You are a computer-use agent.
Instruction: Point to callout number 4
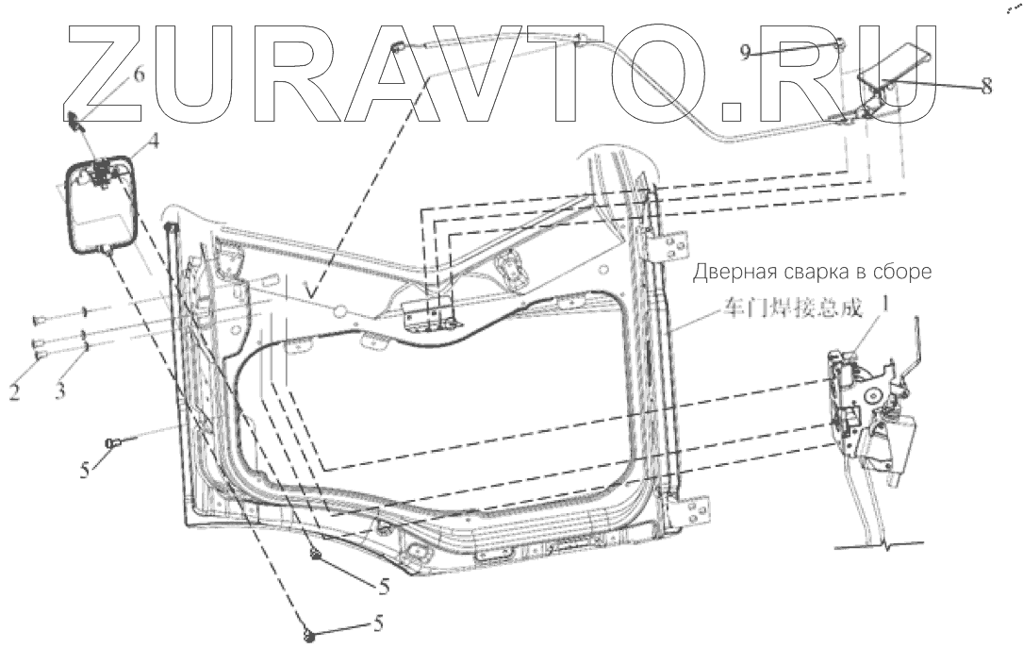tap(151, 146)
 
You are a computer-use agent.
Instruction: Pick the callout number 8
tap(986, 86)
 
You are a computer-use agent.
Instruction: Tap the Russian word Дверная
tap(734, 274)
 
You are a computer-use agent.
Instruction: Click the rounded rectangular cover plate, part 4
tap(102, 203)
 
